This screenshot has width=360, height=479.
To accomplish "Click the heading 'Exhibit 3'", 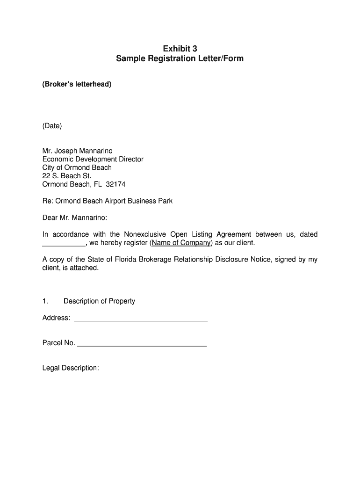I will tap(180, 49).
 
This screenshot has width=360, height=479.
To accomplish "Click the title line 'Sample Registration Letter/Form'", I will tap(180, 59).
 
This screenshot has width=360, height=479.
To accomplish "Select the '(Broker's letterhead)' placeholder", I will tap(77, 85).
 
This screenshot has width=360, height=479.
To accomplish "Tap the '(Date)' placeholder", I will tap(52, 126).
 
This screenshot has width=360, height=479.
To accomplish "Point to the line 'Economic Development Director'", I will tap(93, 159).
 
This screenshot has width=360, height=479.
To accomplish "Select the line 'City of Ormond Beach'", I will tap(77, 167).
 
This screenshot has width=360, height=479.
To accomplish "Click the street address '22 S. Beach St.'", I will tap(66, 176).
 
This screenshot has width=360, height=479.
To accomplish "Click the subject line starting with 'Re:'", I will tap(107, 201).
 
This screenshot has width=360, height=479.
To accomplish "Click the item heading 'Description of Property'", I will tap(99, 301).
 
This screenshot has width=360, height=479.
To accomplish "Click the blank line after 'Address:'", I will tap(141, 320).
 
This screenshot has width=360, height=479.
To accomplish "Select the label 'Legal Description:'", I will tap(71, 368).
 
